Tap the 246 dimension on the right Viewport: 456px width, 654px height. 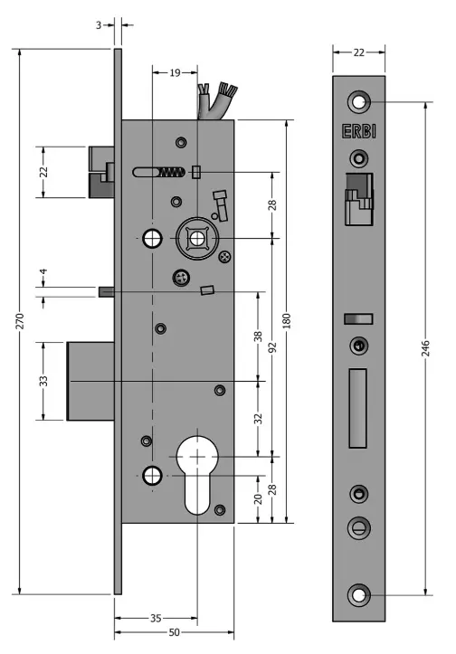(x=426, y=348)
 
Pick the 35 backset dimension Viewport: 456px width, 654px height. (x=155, y=618)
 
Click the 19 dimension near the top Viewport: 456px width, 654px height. (x=175, y=72)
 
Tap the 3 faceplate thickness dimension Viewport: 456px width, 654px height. (x=98, y=25)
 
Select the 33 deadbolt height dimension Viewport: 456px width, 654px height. (x=43, y=381)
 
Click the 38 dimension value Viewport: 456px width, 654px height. (x=259, y=336)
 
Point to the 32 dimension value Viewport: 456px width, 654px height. (x=259, y=419)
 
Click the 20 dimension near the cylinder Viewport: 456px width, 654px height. (x=259, y=498)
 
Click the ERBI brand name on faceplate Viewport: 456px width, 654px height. (x=359, y=131)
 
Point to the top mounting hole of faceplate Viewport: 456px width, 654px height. (x=359, y=101)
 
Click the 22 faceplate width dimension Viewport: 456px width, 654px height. (x=359, y=52)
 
